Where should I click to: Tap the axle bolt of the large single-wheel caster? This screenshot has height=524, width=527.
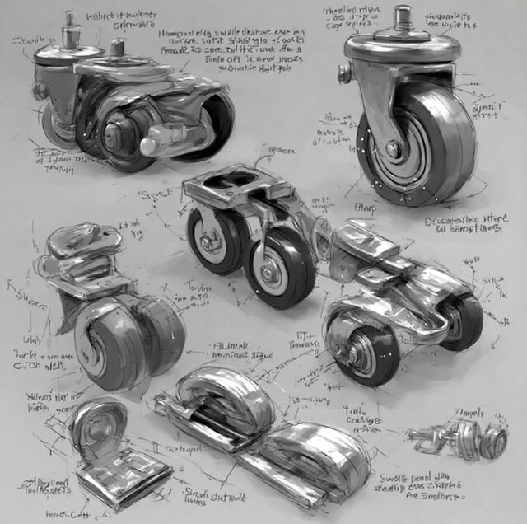[394, 149]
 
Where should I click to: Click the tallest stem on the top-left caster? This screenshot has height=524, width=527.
[69, 29]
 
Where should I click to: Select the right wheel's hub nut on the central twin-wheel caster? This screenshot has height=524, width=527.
[268, 273]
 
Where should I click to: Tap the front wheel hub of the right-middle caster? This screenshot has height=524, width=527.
[361, 341]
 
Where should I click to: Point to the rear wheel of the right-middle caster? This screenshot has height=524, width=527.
[464, 320]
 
